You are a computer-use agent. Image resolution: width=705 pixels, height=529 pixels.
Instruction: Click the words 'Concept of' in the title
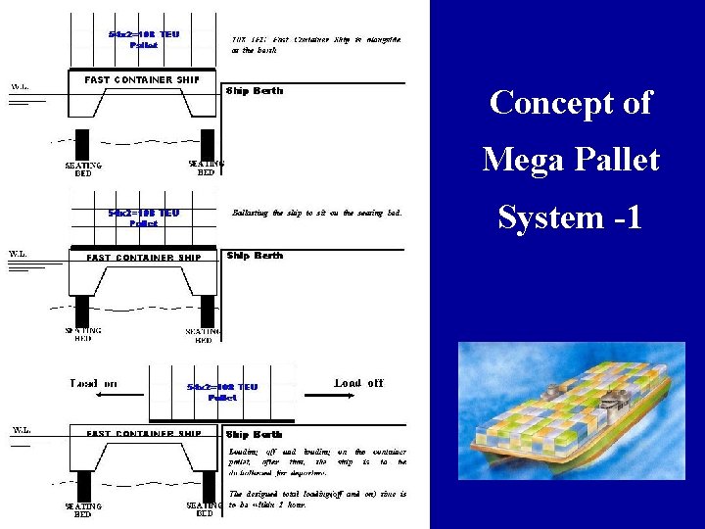click(570, 102)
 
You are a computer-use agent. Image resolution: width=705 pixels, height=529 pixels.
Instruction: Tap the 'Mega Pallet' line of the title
click(570, 159)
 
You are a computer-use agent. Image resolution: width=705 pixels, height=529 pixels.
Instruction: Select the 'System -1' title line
click(570, 216)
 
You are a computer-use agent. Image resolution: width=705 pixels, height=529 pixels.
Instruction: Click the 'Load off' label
click(359, 383)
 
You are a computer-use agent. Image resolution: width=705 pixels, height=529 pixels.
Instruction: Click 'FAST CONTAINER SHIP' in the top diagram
click(142, 79)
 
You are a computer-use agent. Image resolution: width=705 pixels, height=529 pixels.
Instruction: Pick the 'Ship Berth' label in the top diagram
click(255, 91)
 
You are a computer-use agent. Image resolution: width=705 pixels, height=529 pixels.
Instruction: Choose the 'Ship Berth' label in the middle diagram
click(255, 256)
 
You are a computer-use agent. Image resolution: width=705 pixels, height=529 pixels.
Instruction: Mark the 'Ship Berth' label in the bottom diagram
click(255, 434)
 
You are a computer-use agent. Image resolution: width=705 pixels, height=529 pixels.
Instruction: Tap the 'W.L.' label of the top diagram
click(20, 87)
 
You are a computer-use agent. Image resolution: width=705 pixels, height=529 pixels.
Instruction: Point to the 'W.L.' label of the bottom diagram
click(20, 430)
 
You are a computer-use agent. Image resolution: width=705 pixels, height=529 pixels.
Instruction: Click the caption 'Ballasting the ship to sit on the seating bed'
click(315, 213)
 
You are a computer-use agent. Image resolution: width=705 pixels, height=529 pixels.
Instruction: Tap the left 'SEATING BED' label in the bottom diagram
click(83, 509)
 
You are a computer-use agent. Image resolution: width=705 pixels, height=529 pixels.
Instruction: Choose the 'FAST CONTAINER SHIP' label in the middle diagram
click(143, 258)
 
